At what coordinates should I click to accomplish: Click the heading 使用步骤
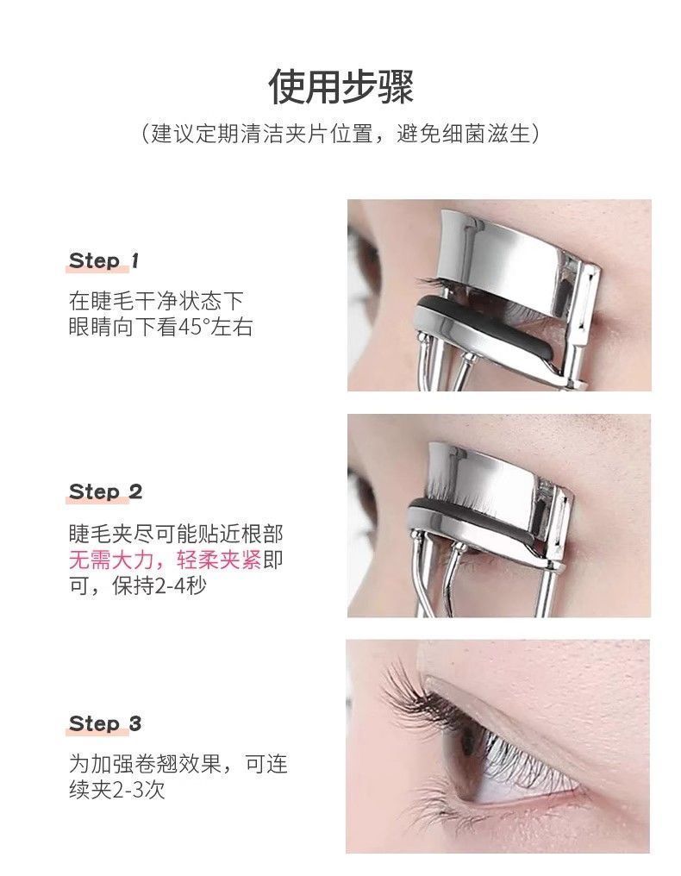click(340, 87)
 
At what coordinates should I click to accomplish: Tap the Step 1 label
click(103, 260)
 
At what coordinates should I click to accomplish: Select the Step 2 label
click(105, 491)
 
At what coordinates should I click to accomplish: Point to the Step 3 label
click(104, 723)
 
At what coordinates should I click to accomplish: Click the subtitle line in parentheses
click(340, 135)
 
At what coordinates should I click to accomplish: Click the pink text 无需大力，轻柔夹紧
click(165, 560)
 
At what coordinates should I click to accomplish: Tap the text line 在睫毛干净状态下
click(156, 301)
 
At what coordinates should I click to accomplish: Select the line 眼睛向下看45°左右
click(160, 327)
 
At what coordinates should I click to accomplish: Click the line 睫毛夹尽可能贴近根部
click(175, 534)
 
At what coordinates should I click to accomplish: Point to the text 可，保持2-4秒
click(137, 585)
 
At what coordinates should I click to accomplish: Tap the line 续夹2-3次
click(116, 791)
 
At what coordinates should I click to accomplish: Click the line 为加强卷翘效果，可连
click(178, 764)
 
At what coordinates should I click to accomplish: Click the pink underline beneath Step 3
click(97, 732)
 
